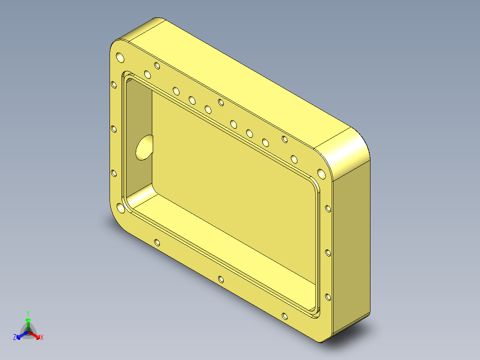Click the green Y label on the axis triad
(28, 313)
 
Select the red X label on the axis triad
(42, 338)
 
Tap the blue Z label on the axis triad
(15, 338)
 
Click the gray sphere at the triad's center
(28, 331)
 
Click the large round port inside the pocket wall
(144, 147)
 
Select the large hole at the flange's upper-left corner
(120, 57)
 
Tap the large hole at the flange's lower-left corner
(120, 208)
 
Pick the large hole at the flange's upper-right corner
(321, 173)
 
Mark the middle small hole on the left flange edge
(114, 129)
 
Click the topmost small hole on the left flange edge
(114, 84)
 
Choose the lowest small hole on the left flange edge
(114, 173)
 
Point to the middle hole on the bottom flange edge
(221, 280)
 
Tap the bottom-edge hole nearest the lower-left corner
(157, 243)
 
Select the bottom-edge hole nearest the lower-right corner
(285, 317)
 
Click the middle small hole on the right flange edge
(328, 253)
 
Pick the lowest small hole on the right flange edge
(328, 297)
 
